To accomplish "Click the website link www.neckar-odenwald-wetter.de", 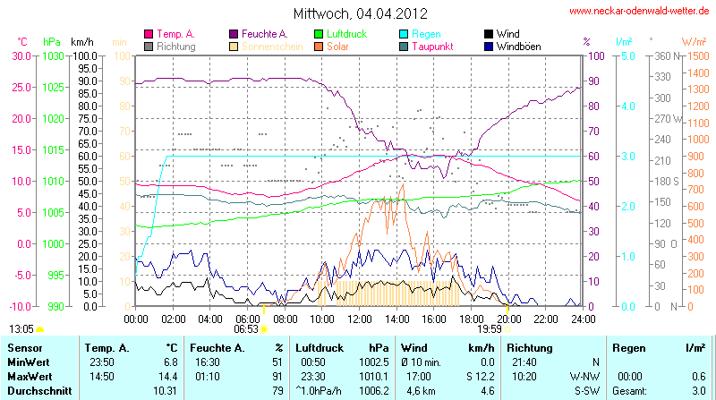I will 641,12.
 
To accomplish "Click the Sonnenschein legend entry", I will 266,46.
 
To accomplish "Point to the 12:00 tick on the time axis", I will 359,318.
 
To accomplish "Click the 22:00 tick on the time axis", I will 546,318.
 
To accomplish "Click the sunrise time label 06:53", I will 245,328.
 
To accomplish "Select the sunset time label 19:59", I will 490,328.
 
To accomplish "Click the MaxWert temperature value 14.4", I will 169,376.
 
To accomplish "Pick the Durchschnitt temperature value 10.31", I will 166,390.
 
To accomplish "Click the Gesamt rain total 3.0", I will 699,390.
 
